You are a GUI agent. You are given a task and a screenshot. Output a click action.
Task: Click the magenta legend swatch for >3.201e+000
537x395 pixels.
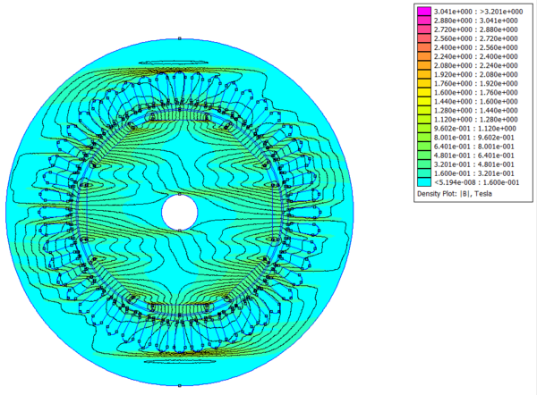click(424, 12)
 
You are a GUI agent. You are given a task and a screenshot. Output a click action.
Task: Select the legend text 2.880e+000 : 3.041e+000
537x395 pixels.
click(476, 21)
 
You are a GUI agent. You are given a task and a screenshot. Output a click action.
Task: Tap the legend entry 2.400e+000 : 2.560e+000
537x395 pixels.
click(476, 47)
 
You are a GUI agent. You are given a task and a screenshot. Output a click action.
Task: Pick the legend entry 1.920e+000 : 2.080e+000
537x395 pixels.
click(476, 74)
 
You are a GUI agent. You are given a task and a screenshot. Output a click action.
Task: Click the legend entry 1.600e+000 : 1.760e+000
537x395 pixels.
click(476, 93)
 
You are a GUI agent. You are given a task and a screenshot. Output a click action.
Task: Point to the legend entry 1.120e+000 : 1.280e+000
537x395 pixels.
click(476, 120)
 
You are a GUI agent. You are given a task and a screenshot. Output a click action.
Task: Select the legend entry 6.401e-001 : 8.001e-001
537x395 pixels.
click(474, 147)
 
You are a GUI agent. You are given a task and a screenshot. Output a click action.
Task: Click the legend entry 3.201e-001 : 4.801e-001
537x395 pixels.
click(474, 164)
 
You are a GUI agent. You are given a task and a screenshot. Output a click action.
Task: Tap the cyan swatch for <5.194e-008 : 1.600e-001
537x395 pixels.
click(424, 182)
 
